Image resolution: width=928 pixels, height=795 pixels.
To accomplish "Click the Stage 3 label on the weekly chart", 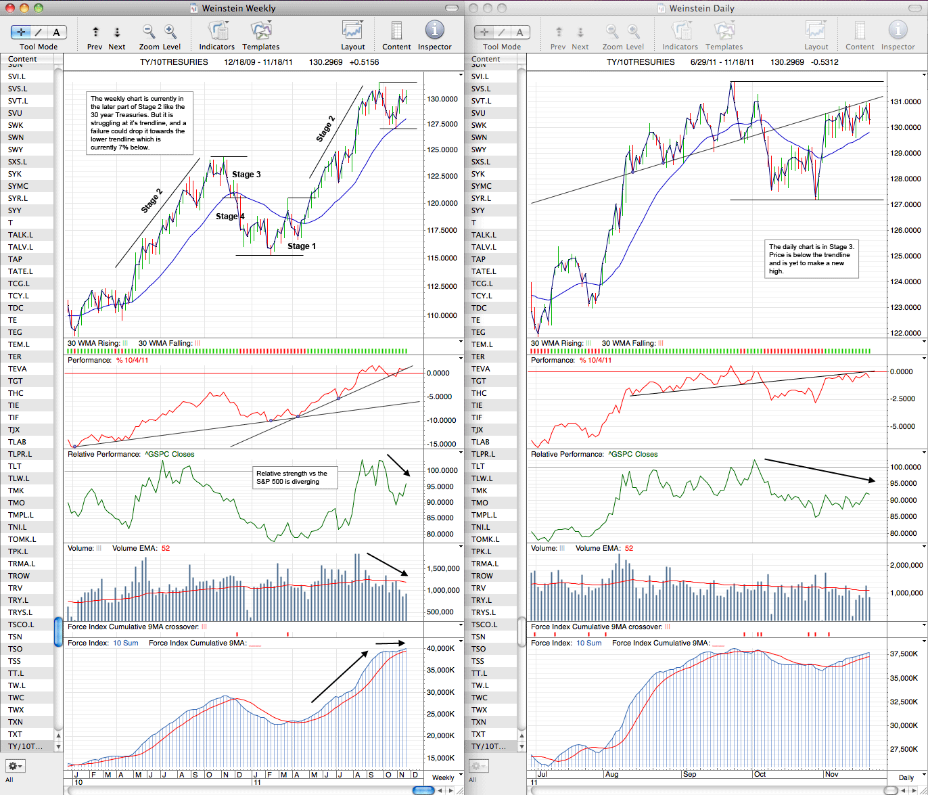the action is (x=246, y=175).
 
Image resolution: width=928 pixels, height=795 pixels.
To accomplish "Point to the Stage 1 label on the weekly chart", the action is (x=301, y=246).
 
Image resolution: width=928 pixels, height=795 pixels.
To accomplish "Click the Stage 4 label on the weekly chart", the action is (x=230, y=216).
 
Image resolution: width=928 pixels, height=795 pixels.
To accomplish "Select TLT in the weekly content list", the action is (x=15, y=466).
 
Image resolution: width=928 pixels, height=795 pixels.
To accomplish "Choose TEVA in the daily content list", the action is (x=480, y=369).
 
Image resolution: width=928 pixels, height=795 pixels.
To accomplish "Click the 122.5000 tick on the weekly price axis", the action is (x=442, y=176).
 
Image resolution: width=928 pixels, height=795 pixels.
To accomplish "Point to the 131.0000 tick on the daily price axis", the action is (x=906, y=101).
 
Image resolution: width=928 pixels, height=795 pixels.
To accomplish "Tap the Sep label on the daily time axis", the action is (x=689, y=774).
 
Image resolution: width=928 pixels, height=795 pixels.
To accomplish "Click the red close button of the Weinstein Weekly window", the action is (x=10, y=7).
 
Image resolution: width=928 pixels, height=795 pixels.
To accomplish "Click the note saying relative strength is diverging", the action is (x=295, y=478).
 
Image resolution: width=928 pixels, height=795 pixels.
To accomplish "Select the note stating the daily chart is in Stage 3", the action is (x=811, y=258).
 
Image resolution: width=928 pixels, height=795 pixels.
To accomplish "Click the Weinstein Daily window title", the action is (x=701, y=8).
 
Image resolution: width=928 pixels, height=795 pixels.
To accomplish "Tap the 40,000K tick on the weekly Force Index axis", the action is (x=440, y=648).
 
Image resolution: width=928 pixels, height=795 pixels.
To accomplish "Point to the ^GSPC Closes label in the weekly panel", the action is (x=169, y=454).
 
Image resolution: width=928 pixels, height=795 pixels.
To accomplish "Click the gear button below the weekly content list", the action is (x=16, y=765).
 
